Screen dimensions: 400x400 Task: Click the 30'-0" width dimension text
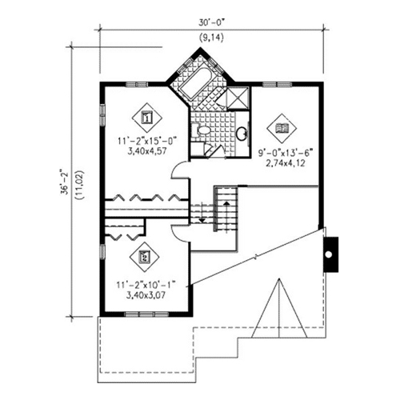point(210,23)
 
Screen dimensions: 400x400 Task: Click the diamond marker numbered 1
point(147,118)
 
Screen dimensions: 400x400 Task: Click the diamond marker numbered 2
point(144,257)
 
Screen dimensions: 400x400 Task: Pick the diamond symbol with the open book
point(282,128)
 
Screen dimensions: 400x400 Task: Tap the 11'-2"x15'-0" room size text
point(147,141)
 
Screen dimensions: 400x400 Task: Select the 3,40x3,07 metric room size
point(146,295)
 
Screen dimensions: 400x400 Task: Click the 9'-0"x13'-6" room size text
point(285,153)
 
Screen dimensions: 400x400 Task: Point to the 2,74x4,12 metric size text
point(285,163)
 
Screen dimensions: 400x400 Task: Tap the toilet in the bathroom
point(202,130)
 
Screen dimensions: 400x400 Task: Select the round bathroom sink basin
point(242,133)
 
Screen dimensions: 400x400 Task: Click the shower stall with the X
point(237,98)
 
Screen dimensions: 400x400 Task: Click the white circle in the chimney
point(329,254)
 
